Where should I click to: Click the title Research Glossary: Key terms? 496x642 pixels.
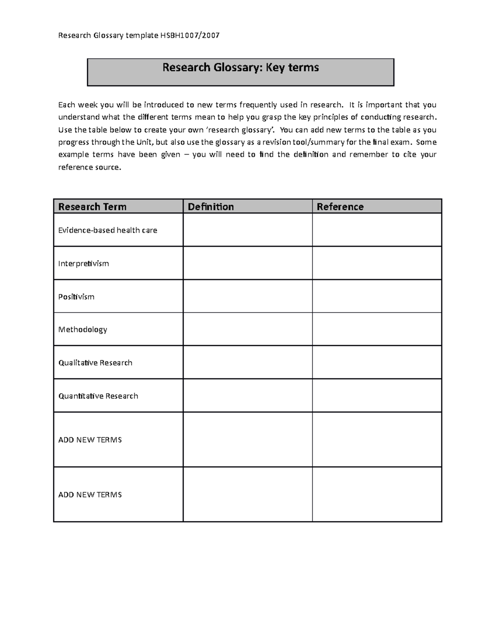coord(241,67)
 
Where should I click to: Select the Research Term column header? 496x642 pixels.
coord(92,207)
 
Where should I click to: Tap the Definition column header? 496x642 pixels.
coord(211,207)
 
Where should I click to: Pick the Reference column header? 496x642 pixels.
coord(340,207)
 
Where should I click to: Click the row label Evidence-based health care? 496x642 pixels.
coord(107,230)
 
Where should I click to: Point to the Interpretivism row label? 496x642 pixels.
coord(83,264)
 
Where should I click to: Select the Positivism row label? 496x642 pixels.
coord(76,297)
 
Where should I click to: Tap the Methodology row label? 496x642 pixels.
coord(83,329)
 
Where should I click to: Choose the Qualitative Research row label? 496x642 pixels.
coord(95,363)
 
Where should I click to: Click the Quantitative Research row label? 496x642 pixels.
coord(98,396)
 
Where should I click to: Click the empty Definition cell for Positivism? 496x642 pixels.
coord(247,296)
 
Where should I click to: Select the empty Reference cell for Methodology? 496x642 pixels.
coord(377,329)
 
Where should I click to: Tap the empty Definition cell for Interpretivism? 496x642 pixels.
coord(247,263)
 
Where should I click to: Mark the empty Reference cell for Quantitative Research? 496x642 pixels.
coord(377,396)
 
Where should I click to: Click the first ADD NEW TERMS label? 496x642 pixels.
coord(90,440)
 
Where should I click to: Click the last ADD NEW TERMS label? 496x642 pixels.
coord(90,495)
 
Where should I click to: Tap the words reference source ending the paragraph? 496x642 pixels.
coord(89,167)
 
